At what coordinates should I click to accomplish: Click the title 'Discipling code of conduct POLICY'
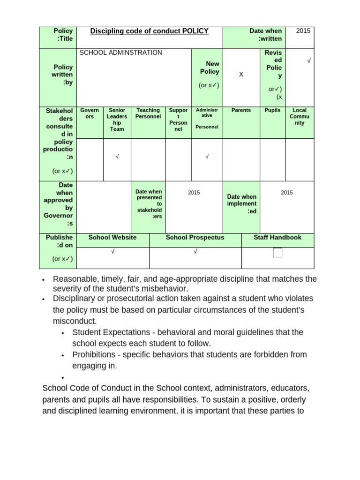pos(149,31)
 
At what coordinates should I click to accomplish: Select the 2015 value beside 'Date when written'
pos(303,31)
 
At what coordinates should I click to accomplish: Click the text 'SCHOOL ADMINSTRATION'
pos(121,52)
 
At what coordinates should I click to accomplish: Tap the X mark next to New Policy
pos(241,75)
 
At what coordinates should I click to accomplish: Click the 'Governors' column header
pos(90,113)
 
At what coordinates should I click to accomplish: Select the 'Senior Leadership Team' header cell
pos(117,120)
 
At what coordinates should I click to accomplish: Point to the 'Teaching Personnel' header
pos(148,113)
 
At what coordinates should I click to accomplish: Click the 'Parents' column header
pos(241,111)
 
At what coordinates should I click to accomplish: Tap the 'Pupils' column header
pos(272,111)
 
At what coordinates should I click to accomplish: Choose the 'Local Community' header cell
pos(300,117)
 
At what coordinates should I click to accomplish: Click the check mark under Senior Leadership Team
pos(117,157)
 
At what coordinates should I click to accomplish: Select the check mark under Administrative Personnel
pos(207,157)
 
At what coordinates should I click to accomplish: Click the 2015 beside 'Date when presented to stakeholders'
pos(194,193)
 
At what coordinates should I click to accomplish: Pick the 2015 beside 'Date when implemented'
pos(286,193)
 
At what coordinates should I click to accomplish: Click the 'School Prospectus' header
pos(195,238)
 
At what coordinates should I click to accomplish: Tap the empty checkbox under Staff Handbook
pos(277,253)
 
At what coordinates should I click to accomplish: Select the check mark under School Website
pos(112,252)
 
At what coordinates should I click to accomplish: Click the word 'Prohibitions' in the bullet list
pos(94,355)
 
